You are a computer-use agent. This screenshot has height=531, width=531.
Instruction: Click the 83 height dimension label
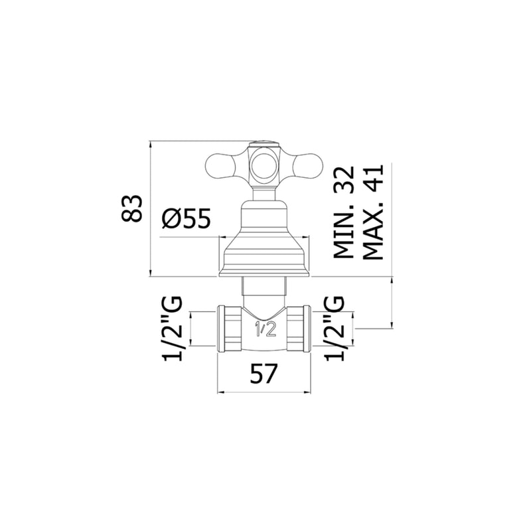point(131,208)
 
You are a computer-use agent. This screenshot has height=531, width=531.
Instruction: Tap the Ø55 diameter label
point(186,218)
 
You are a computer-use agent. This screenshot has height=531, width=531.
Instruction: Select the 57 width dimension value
point(264,374)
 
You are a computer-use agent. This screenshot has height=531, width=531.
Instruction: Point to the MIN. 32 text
point(344,212)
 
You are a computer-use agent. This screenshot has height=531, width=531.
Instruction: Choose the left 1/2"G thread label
point(173,328)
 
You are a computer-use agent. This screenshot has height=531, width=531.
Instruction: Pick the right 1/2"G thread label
point(335,328)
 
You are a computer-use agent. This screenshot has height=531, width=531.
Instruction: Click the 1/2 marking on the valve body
point(265,329)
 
